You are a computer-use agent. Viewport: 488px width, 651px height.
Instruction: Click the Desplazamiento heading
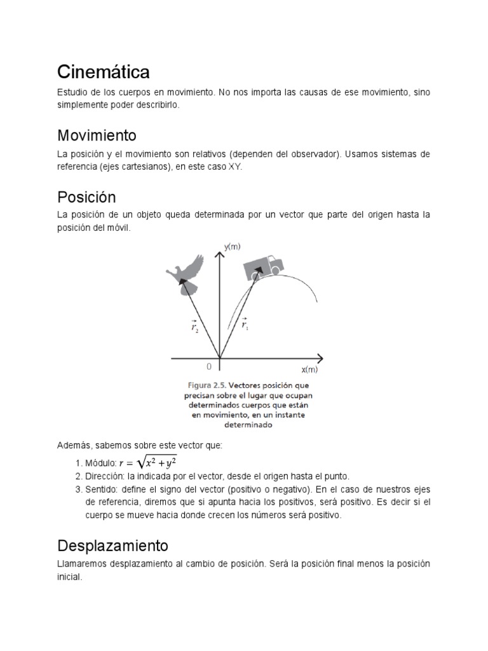(x=112, y=545)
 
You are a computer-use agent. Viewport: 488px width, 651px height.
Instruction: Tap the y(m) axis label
(x=232, y=247)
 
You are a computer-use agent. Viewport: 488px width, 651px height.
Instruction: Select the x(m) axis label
(x=309, y=369)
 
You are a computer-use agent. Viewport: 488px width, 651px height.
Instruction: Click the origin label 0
(x=209, y=367)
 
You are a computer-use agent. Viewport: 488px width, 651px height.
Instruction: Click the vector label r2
(x=194, y=327)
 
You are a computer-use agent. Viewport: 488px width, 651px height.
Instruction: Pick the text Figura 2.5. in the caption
(x=205, y=385)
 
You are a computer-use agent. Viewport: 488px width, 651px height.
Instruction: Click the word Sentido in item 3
(x=102, y=490)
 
